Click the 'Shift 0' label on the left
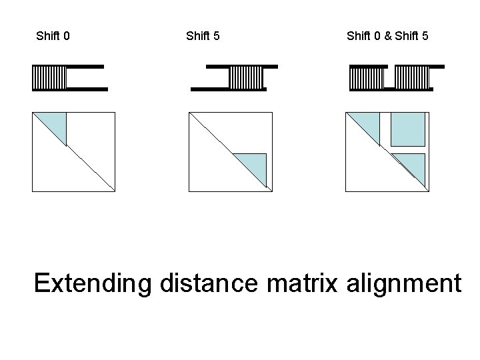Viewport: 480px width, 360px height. coord(53,35)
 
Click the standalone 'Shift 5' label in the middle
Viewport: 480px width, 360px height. coord(203,35)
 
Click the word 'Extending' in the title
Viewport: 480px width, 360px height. coord(93,283)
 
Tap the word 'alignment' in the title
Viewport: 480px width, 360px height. coord(404,283)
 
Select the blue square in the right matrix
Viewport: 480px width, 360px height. coord(408,129)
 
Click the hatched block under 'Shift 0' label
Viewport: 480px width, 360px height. coord(49,77)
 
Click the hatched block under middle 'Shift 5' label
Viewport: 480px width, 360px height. coord(247,77)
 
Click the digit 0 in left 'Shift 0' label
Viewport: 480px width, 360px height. coord(66,35)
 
